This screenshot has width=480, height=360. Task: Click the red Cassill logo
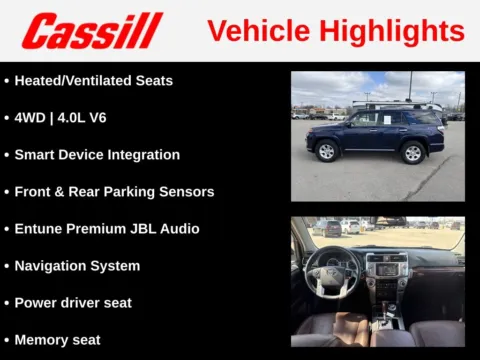click(92, 30)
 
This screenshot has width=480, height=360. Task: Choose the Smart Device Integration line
click(97, 155)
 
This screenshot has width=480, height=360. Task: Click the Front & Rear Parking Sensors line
click(114, 191)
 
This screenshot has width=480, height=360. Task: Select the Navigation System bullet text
click(77, 266)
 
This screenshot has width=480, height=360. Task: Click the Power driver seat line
click(73, 302)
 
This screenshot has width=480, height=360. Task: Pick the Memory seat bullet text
click(57, 339)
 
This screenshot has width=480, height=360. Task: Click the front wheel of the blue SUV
click(326, 151)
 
